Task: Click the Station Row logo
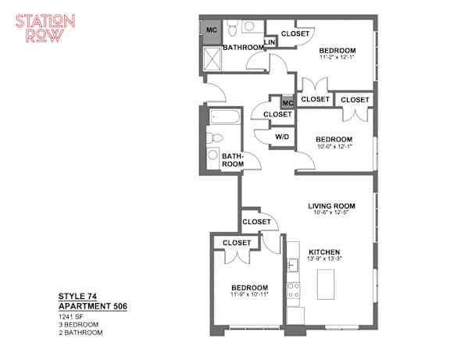tap(45, 28)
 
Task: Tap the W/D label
tap(282, 137)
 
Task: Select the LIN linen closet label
tap(270, 42)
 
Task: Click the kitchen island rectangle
tap(326, 284)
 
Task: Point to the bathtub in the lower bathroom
tap(225, 116)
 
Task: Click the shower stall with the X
tap(212, 59)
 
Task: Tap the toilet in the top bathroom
tap(232, 27)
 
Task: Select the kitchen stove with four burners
tap(293, 290)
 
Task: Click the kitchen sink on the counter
tap(292, 265)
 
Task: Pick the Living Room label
tap(331, 206)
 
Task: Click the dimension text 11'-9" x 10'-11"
tap(249, 294)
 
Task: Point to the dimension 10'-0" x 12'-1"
tap(334, 146)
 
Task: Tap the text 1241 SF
tap(71, 317)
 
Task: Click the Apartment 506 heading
tap(93, 306)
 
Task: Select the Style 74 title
tap(77, 296)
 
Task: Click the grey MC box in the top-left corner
tap(212, 32)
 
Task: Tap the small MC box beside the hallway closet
tap(287, 102)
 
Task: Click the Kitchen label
tap(324, 252)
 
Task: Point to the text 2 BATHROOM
tap(80, 333)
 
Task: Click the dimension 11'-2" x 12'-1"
tap(337, 57)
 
